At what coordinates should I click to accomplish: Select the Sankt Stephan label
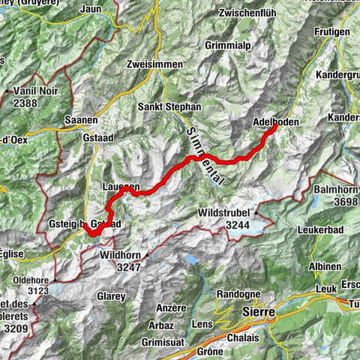[x=169, y=107]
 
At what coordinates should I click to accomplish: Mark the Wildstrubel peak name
[x=223, y=212]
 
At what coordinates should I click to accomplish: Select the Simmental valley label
[x=193, y=141]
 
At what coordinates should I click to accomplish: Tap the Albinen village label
[x=325, y=265]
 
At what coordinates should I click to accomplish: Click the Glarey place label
[x=111, y=296]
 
